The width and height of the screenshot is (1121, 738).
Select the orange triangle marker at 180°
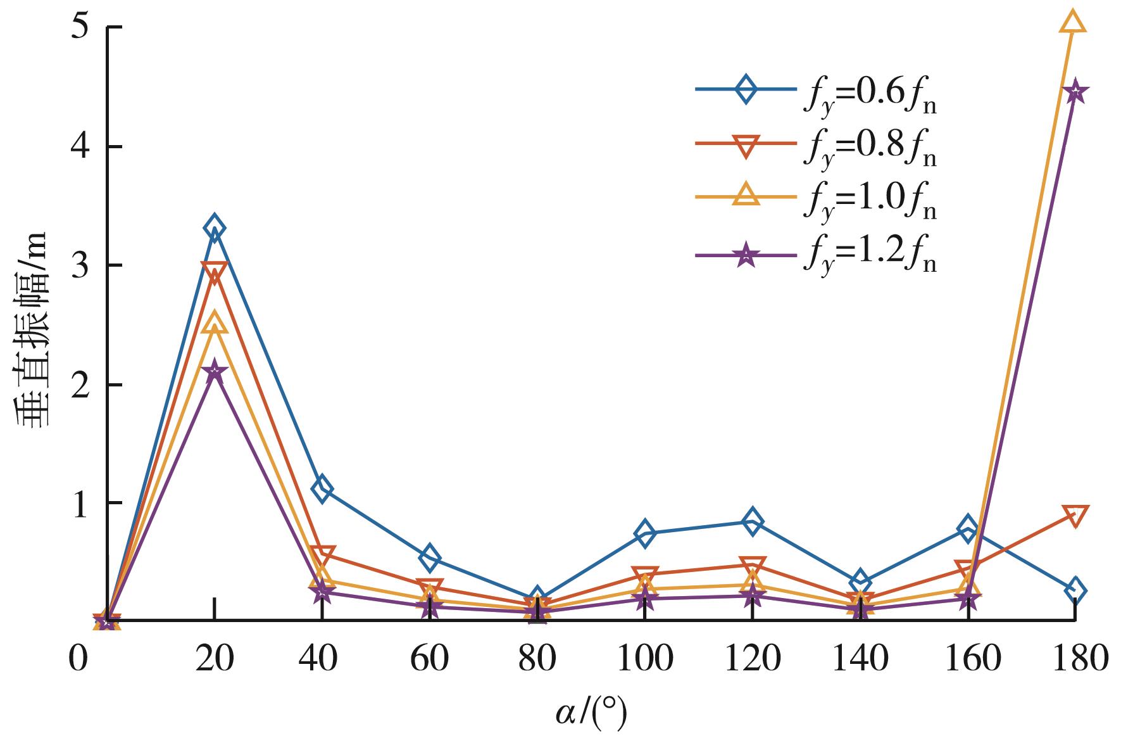point(1074,22)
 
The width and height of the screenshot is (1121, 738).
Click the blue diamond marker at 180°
point(1075,590)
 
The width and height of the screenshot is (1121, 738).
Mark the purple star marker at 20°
point(215,371)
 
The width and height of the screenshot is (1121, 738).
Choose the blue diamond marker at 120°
point(752,521)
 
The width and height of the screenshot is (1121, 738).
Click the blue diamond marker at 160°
point(967,528)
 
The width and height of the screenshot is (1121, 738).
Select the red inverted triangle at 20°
point(215,272)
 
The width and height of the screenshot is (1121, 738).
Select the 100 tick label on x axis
point(644,659)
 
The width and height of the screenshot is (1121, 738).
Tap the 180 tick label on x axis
point(1074,659)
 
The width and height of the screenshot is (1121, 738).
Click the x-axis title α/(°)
point(592,713)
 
